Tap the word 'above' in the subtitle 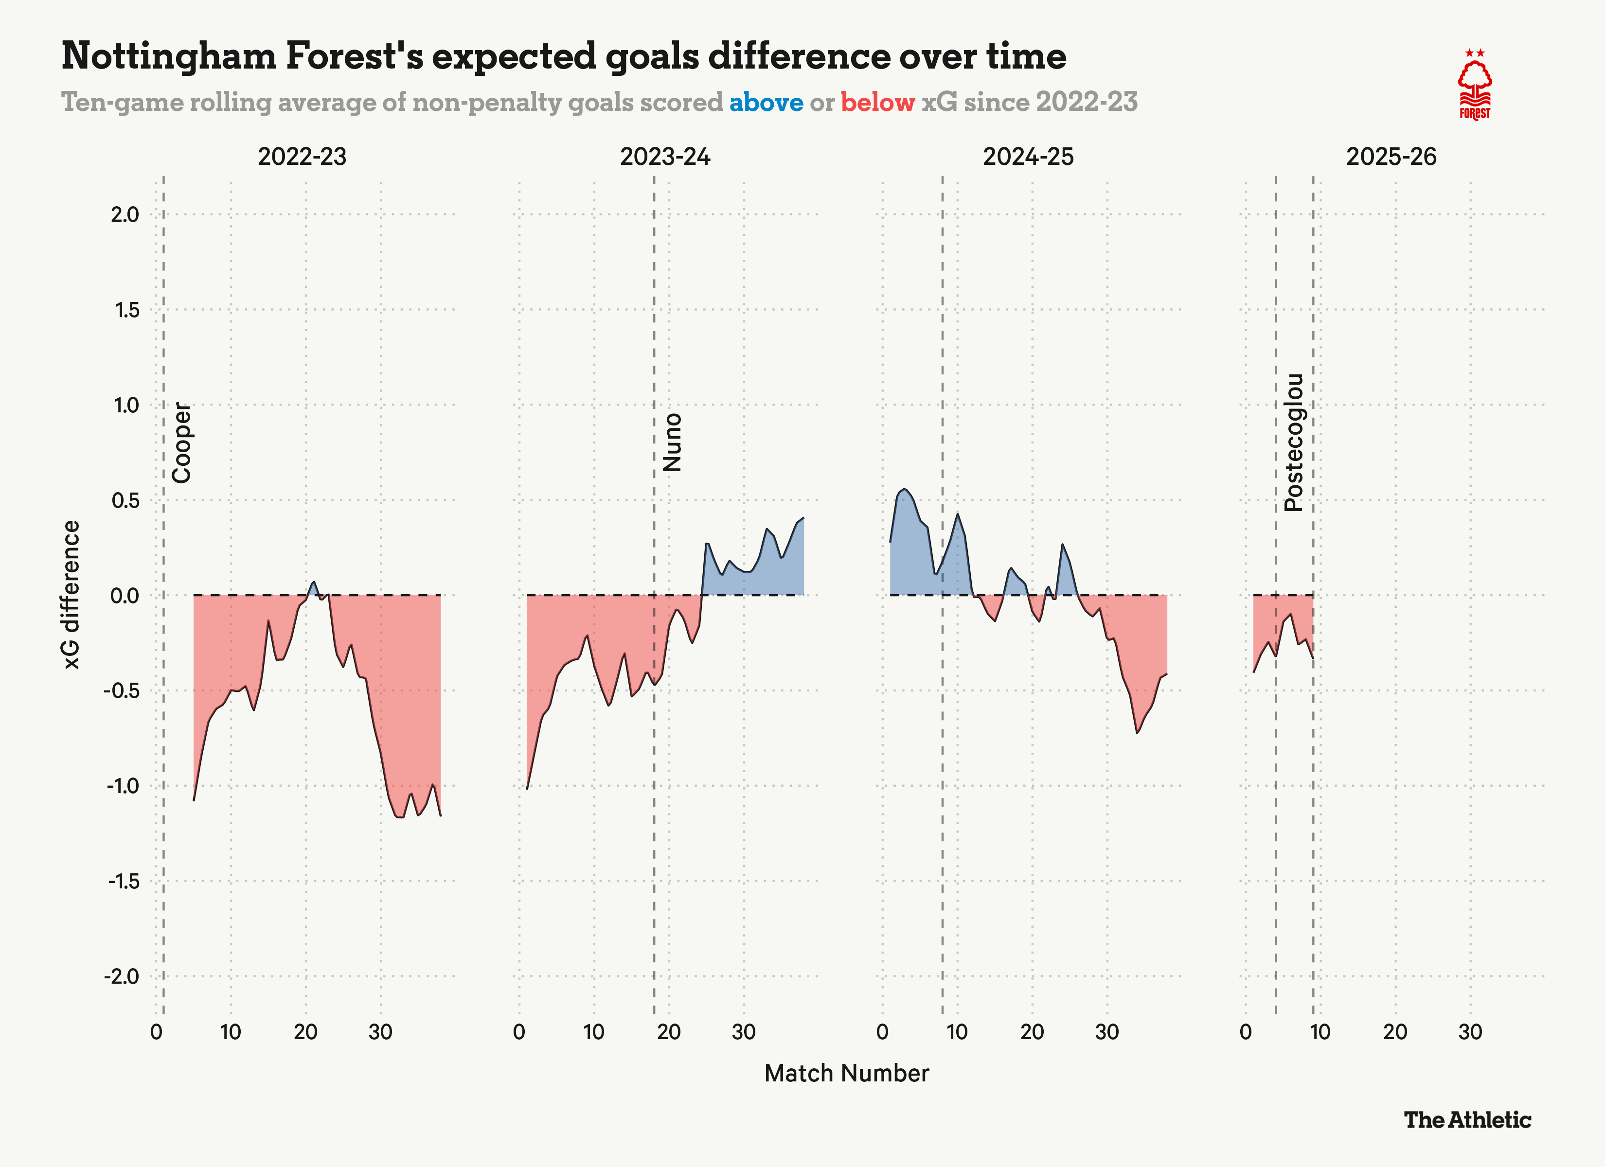pos(767,103)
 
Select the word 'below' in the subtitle pos(877,103)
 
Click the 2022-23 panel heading pos(302,157)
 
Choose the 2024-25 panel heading pos(1028,157)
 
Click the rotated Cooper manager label pos(182,443)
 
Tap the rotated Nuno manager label pos(672,443)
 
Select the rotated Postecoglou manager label pos(1294,442)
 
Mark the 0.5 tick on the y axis pos(125,500)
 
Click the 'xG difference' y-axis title pos(71,595)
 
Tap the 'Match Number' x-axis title pos(846,1074)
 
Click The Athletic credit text pos(1467,1120)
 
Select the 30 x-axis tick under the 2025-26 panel pos(1470,1032)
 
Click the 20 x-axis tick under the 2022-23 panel pos(306,1032)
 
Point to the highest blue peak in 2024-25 pos(905,490)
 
